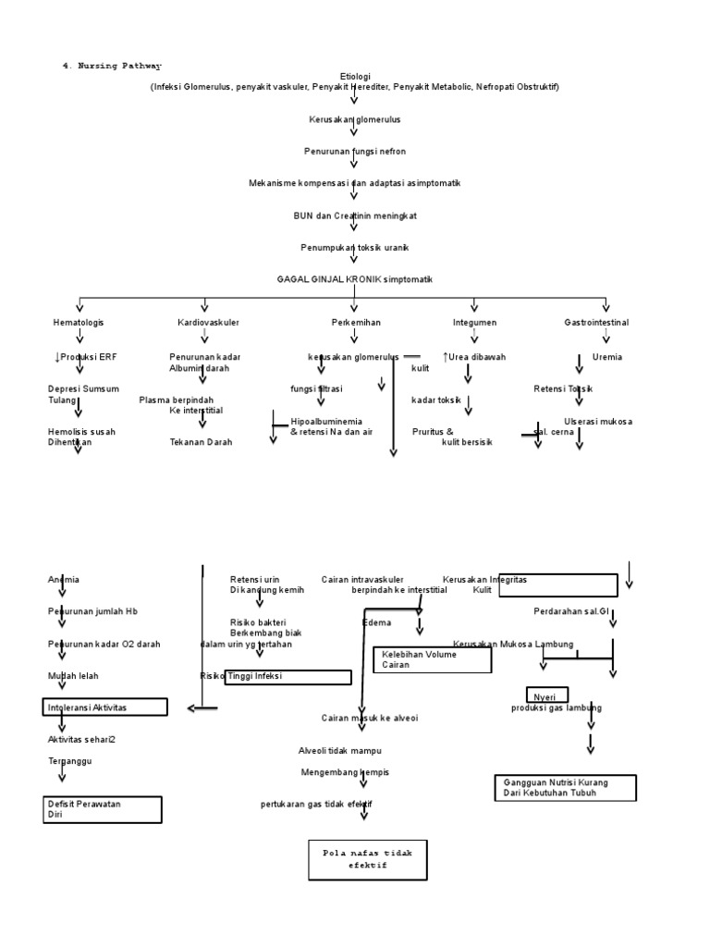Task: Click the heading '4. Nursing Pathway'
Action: click(x=112, y=66)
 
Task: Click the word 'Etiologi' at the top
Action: click(x=355, y=77)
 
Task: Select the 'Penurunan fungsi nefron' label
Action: click(x=355, y=151)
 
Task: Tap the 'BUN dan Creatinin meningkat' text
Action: click(x=355, y=215)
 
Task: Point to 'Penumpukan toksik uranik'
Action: click(x=355, y=248)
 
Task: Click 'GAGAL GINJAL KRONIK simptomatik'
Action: click(x=355, y=279)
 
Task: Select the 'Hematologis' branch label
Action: click(x=79, y=323)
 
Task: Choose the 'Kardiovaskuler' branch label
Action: click(x=208, y=323)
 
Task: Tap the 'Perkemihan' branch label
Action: click(x=356, y=323)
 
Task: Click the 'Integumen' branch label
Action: click(x=474, y=323)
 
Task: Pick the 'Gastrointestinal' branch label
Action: click(x=596, y=323)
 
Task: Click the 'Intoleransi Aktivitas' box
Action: click(x=105, y=707)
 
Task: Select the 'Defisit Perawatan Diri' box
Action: click(x=103, y=809)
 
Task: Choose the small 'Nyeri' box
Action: click(x=547, y=695)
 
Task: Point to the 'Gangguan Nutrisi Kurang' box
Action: click(x=565, y=788)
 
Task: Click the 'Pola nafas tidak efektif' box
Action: click(x=368, y=859)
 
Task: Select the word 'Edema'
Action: click(x=376, y=623)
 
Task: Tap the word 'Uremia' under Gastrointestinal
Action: click(x=607, y=357)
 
